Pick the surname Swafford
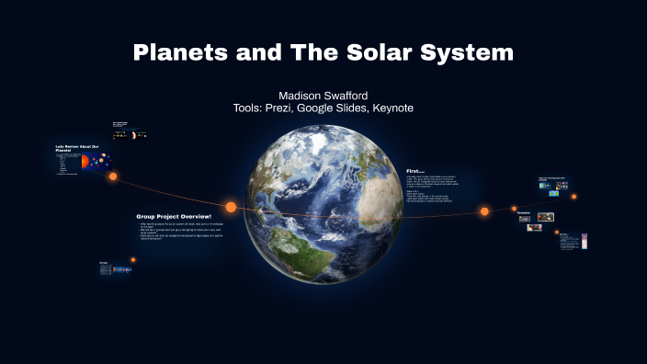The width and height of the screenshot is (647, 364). pos(348,96)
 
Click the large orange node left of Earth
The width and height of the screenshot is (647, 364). pos(231,207)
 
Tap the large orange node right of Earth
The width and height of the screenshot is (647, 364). pos(484,211)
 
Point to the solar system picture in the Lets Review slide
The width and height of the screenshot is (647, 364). pos(85,163)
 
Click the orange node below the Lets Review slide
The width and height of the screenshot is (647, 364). pos(113,176)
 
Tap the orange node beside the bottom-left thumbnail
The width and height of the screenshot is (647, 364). pos(133,260)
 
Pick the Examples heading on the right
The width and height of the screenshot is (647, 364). pos(524,211)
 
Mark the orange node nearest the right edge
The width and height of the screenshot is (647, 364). pos(574,196)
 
